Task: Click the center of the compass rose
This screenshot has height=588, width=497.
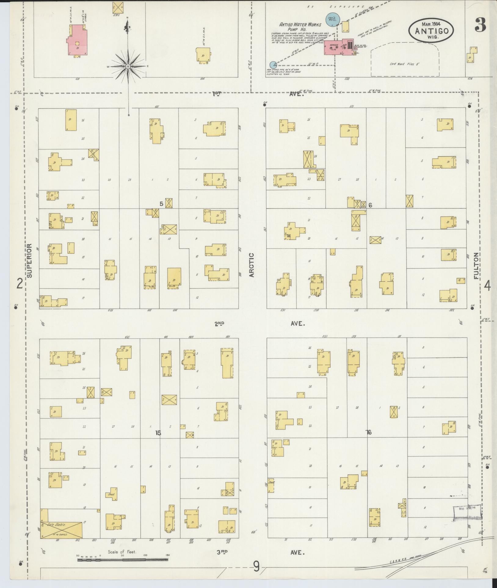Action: [x=128, y=66]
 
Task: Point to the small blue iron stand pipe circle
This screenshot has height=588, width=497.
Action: [x=273, y=64]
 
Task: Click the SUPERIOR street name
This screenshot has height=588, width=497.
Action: [x=30, y=260]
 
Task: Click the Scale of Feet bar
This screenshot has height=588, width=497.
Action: [x=122, y=560]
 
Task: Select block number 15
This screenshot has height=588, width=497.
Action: [x=158, y=432]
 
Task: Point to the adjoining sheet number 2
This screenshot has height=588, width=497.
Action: [x=20, y=284]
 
